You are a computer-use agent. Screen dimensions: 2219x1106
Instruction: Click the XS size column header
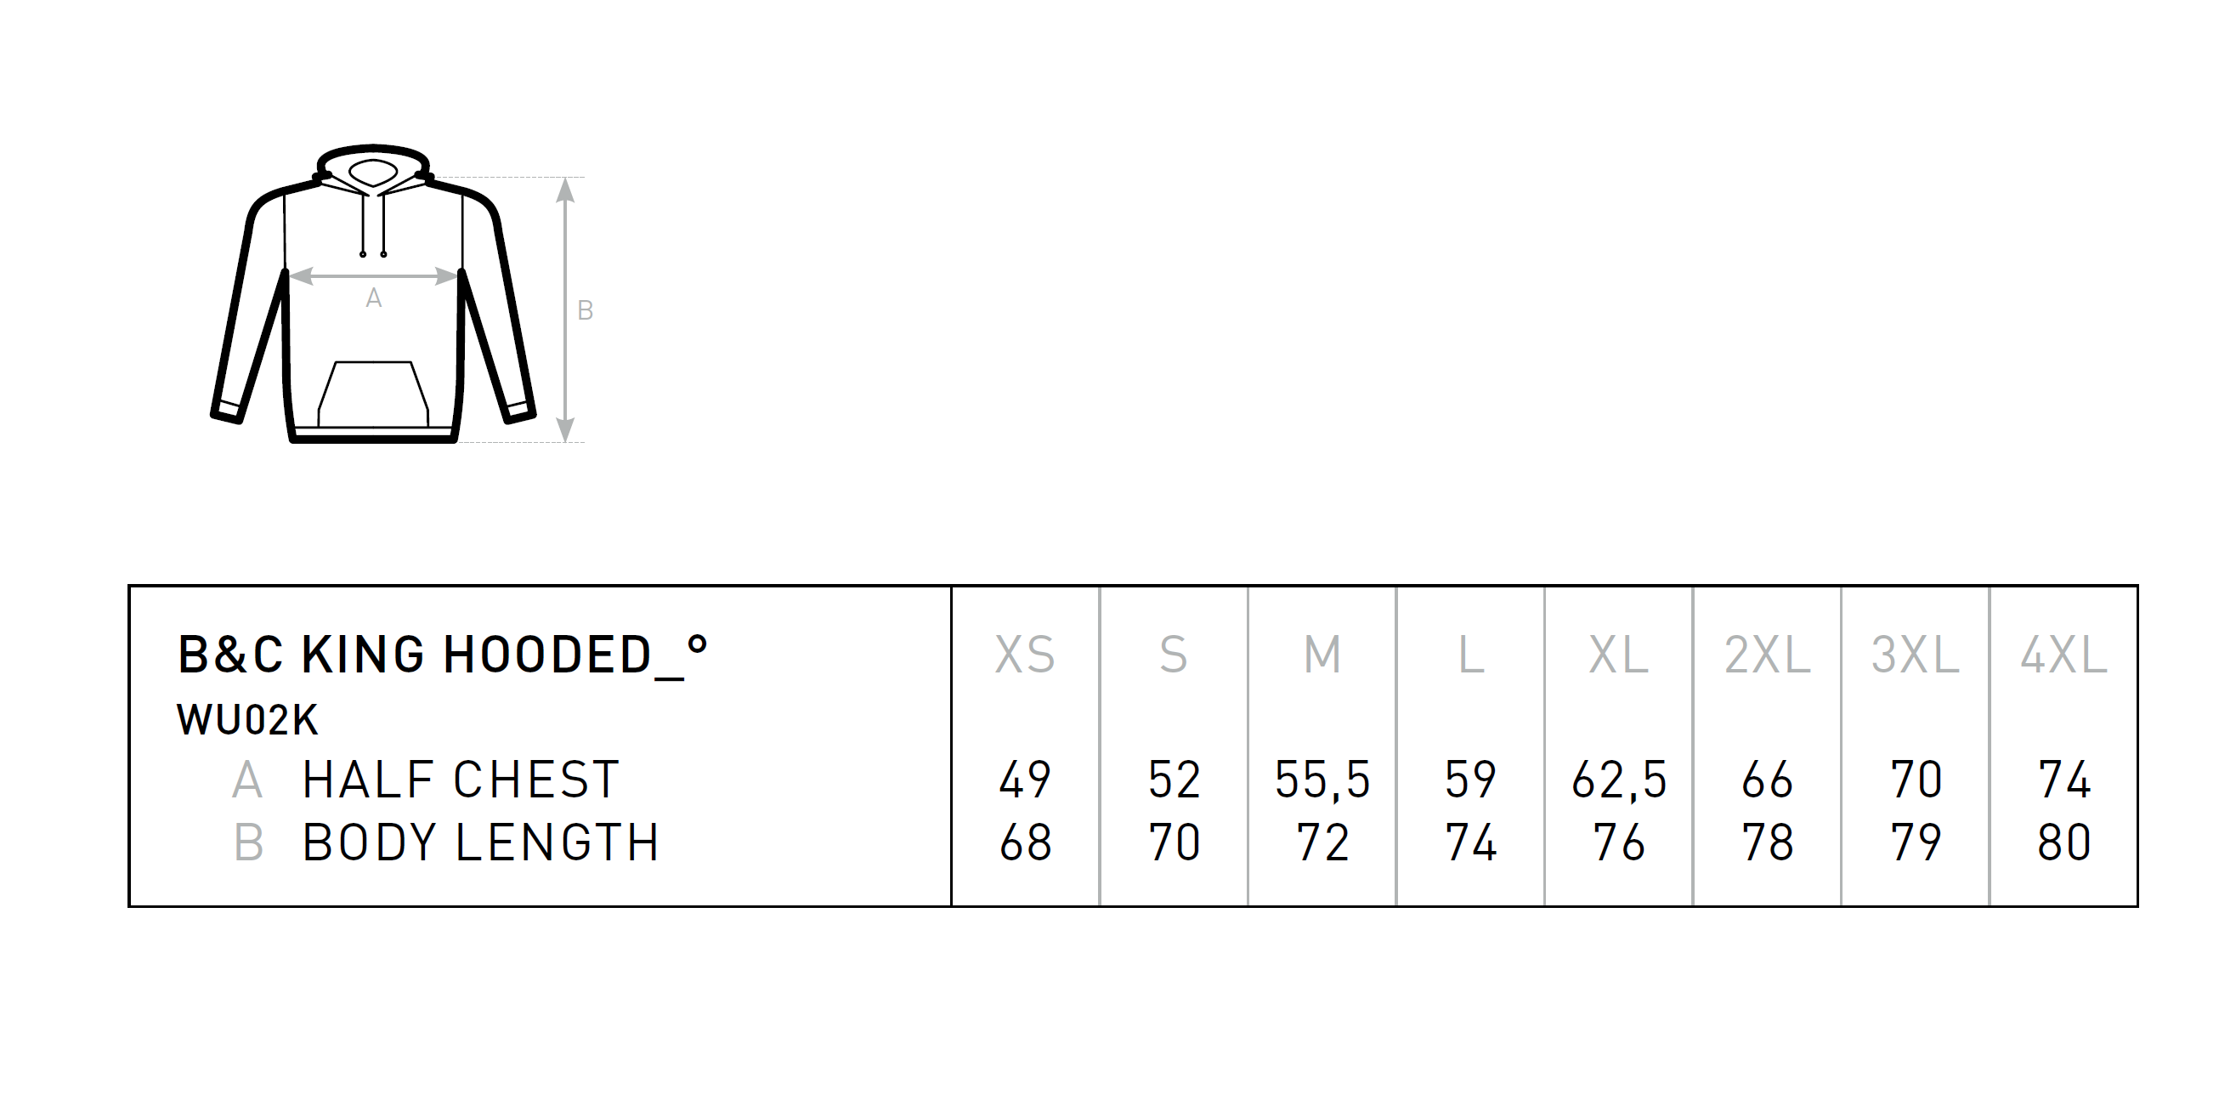click(x=1025, y=655)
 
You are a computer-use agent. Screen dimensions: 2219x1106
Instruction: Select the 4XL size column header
click(x=2064, y=655)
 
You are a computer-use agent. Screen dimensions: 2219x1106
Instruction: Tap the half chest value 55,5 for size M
click(x=1322, y=780)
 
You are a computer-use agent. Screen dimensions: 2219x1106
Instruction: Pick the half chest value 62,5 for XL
click(x=1619, y=780)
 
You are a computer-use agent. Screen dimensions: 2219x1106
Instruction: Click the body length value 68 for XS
click(x=1025, y=842)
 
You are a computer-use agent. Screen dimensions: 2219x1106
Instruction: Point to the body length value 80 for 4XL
click(x=2064, y=842)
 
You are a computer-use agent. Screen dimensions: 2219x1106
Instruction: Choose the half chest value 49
click(x=1025, y=780)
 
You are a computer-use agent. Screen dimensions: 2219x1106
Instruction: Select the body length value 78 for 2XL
click(x=1768, y=842)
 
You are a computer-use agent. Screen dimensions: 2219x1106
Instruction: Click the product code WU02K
click(x=248, y=720)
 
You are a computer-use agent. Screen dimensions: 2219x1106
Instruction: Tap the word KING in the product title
click(x=363, y=655)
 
